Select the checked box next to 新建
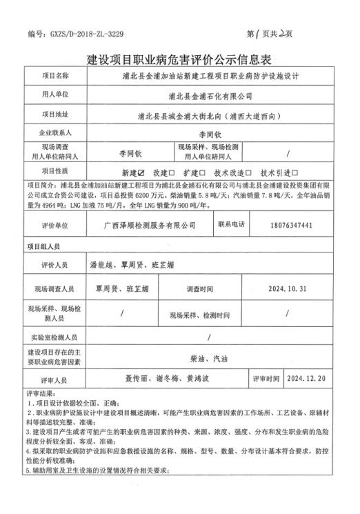click(141, 172)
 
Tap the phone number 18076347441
click(292, 225)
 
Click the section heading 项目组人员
click(43, 245)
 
